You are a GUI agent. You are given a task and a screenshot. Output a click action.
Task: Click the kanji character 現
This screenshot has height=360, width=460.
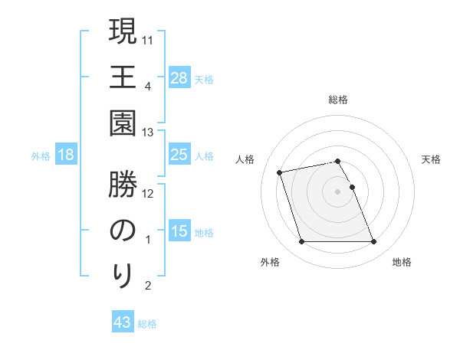tap(123, 34)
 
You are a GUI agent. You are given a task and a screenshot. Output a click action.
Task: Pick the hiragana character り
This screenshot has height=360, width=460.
tap(123, 274)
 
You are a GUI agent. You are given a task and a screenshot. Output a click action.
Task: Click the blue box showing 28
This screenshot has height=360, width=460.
tap(179, 78)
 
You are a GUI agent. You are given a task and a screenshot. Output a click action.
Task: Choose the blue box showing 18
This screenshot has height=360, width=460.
tap(66, 155)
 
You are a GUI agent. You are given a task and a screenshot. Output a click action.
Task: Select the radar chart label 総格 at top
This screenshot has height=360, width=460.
tap(338, 100)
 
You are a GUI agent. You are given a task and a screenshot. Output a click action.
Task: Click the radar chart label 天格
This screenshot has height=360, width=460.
tap(431, 159)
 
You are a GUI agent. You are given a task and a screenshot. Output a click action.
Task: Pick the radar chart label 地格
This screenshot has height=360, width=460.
tap(402, 262)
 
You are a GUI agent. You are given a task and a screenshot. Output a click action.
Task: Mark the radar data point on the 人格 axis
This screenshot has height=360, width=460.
tap(280, 172)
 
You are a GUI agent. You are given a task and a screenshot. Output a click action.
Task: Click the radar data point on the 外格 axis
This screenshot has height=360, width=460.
tap(301, 242)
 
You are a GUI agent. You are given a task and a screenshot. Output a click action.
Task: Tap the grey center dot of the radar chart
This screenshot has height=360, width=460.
tap(338, 191)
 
